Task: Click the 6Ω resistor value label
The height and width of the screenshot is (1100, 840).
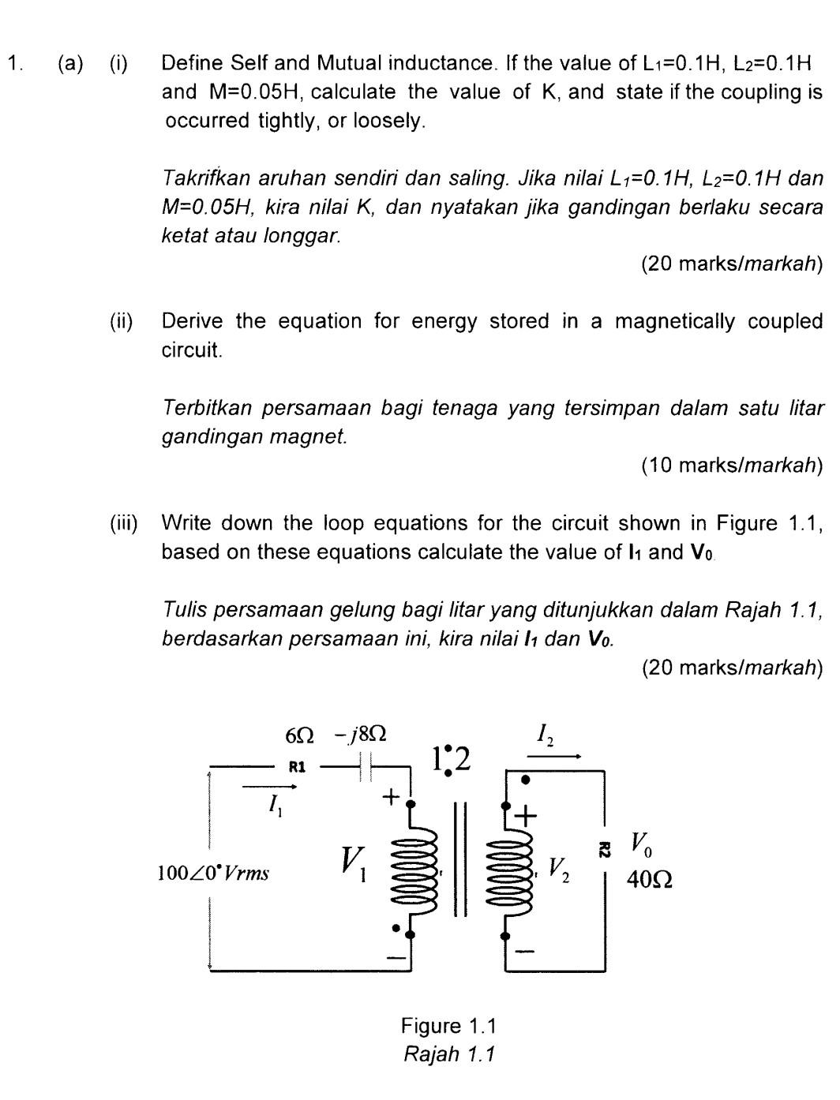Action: pyautogui.click(x=298, y=735)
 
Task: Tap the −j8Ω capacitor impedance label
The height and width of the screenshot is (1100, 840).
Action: pyautogui.click(x=360, y=735)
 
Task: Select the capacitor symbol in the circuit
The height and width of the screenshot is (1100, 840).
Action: pyautogui.click(x=365, y=766)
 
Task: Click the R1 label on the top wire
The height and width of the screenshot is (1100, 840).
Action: pyautogui.click(x=297, y=765)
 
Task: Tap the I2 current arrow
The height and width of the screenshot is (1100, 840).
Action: pyautogui.click(x=553, y=756)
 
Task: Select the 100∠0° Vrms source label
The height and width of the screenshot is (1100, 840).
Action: pyautogui.click(x=213, y=874)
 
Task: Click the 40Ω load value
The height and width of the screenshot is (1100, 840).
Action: pyautogui.click(x=649, y=879)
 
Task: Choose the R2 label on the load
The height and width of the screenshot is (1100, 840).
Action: pyautogui.click(x=604, y=849)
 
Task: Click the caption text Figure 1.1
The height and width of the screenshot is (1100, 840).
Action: pyautogui.click(x=448, y=1026)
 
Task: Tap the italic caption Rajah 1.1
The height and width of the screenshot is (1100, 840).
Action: pyautogui.click(x=448, y=1054)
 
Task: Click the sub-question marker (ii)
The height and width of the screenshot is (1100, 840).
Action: pyautogui.click(x=121, y=321)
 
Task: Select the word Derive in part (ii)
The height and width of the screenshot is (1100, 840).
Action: pyautogui.click(x=193, y=321)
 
